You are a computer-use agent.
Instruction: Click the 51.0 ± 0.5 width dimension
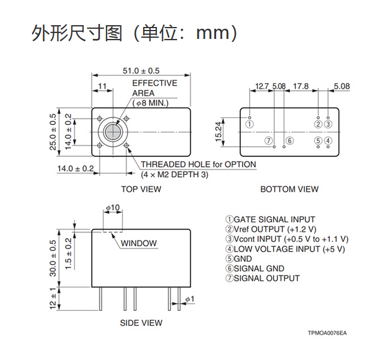(141, 71)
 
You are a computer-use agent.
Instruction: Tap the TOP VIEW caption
(141, 189)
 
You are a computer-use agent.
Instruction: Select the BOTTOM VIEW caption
(289, 189)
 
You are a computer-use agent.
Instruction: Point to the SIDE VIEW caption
(141, 323)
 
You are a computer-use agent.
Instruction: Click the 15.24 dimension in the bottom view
(219, 132)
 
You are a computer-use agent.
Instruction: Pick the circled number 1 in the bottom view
(250, 124)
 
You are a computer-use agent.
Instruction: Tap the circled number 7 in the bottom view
(268, 141)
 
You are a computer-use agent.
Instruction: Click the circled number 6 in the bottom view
(290, 141)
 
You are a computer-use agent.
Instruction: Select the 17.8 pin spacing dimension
(301, 86)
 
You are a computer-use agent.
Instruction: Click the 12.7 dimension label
(262, 86)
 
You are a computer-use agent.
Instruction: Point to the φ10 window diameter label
(113, 207)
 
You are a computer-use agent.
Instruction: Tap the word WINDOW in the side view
(138, 243)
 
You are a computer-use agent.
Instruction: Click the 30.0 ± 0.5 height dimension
(53, 258)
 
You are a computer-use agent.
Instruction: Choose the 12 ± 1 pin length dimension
(53, 298)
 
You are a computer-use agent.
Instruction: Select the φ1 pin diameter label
(190, 299)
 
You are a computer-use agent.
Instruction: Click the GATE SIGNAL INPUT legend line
(270, 219)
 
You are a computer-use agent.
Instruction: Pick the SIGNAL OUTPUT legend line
(262, 278)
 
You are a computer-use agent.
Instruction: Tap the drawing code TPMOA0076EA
(327, 333)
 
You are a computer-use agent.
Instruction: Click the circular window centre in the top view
(113, 132)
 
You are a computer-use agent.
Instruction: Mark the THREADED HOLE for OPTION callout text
(198, 165)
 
